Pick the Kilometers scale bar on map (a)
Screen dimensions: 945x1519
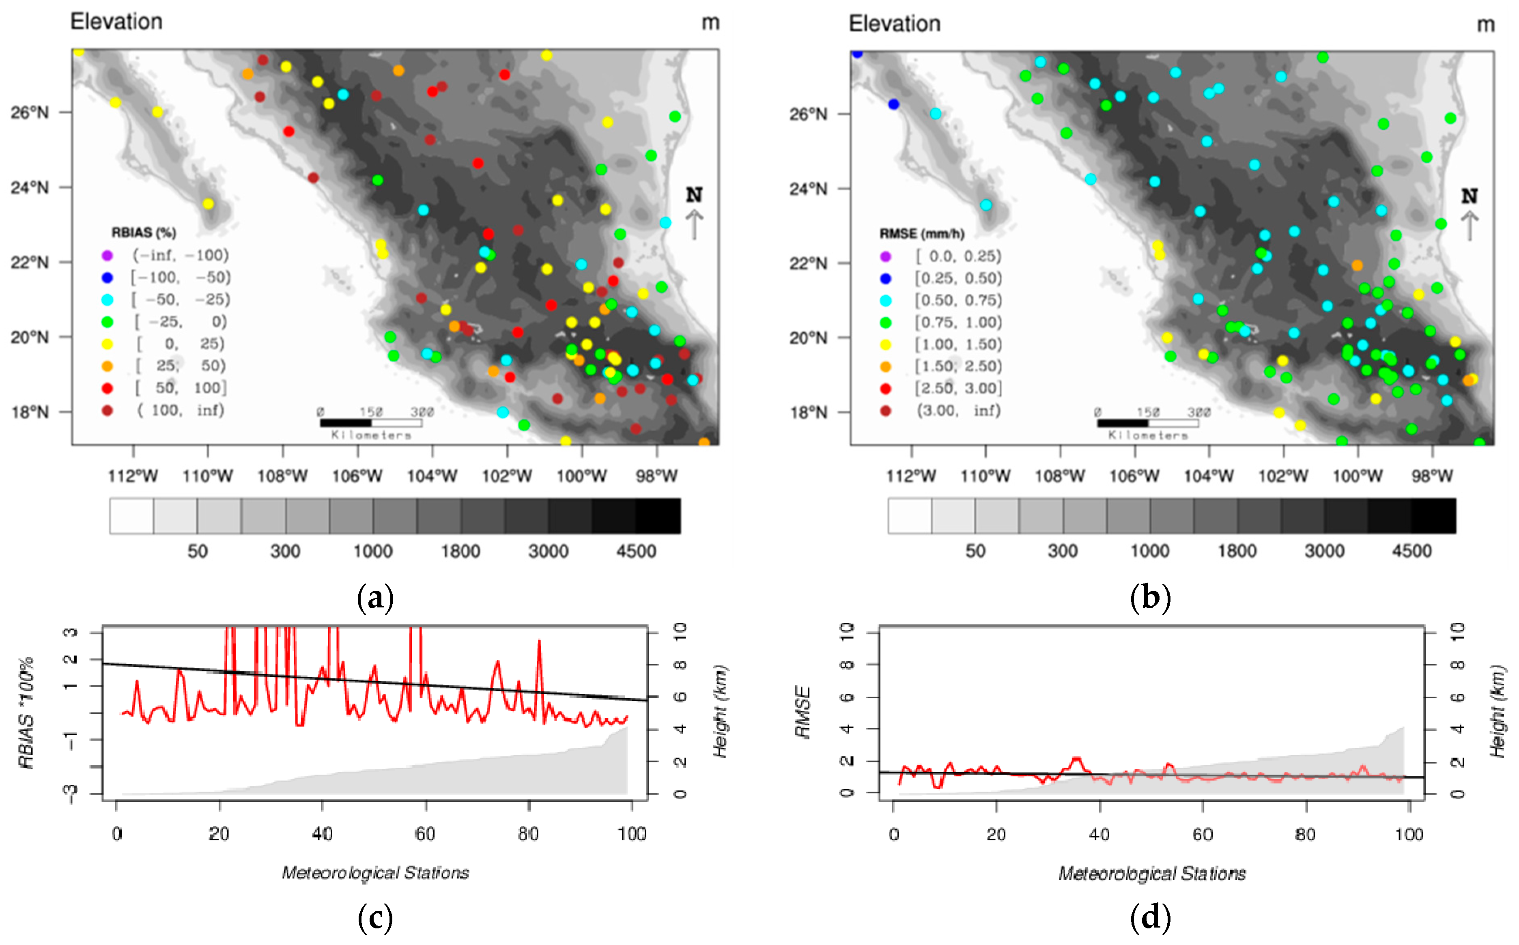click(x=370, y=423)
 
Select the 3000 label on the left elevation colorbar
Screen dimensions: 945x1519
click(x=548, y=551)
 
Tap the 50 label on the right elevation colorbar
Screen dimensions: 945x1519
click(x=975, y=551)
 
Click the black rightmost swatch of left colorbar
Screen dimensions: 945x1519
click(x=658, y=516)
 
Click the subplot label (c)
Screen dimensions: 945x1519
click(x=375, y=917)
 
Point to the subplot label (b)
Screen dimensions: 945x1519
click(x=1150, y=598)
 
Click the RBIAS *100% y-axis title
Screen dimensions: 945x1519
click(x=26, y=713)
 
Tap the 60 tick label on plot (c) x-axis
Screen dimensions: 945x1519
click(x=425, y=834)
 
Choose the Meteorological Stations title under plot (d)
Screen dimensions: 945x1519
click(x=1151, y=873)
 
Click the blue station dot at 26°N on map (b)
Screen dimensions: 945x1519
click(x=893, y=104)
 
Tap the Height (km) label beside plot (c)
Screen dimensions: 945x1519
click(x=721, y=711)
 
